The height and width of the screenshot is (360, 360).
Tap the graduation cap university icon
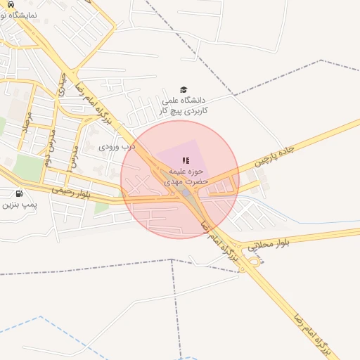point(184,89)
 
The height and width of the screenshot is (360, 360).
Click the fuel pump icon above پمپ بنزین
point(18,193)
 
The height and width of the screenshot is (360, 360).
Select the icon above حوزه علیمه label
point(186,161)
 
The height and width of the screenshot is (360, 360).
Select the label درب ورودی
point(116,148)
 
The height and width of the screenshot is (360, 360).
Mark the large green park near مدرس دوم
point(28,168)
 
